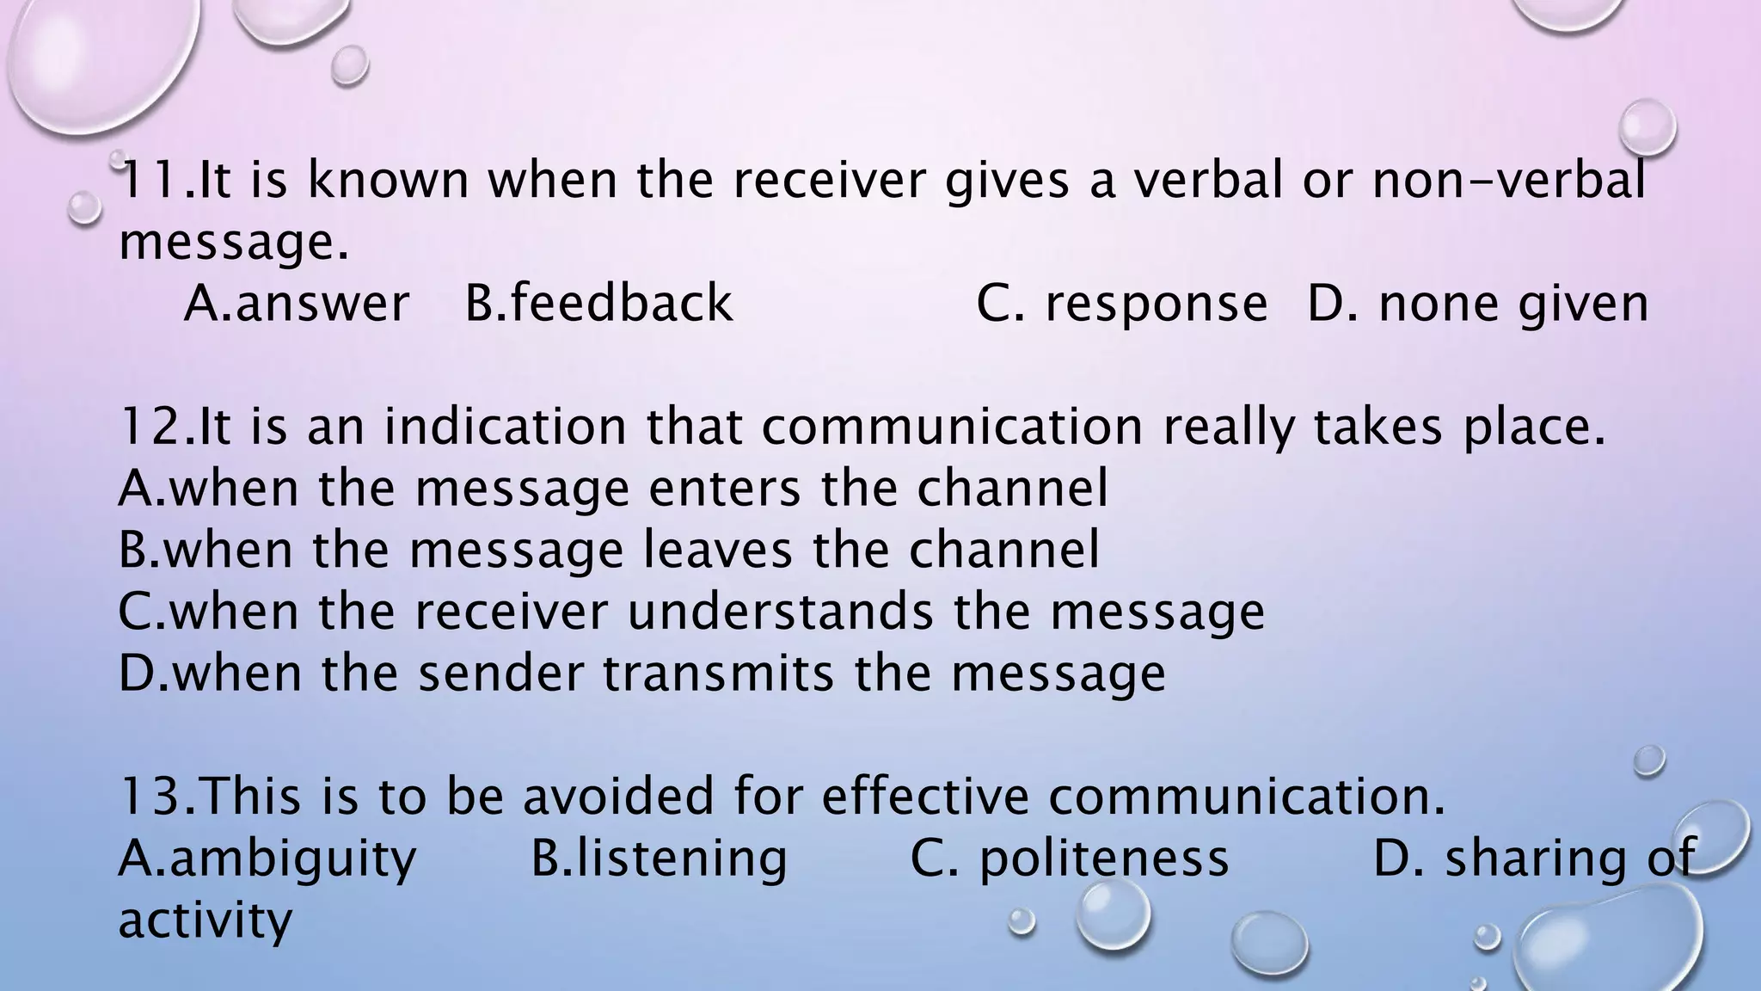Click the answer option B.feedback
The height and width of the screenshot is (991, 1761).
click(598, 304)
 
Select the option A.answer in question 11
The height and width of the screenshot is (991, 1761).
click(297, 304)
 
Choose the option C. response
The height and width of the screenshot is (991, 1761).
click(1121, 304)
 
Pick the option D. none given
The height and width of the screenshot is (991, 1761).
click(1478, 304)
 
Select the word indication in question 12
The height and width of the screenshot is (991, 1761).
click(506, 427)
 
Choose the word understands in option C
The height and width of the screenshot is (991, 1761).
click(780, 612)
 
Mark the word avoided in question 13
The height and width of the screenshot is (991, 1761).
click(619, 796)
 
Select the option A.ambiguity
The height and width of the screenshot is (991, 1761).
click(267, 859)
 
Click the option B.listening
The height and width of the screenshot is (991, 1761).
click(659, 859)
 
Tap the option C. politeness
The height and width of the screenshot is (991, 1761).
click(1069, 859)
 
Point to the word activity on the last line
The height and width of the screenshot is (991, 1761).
click(205, 920)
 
